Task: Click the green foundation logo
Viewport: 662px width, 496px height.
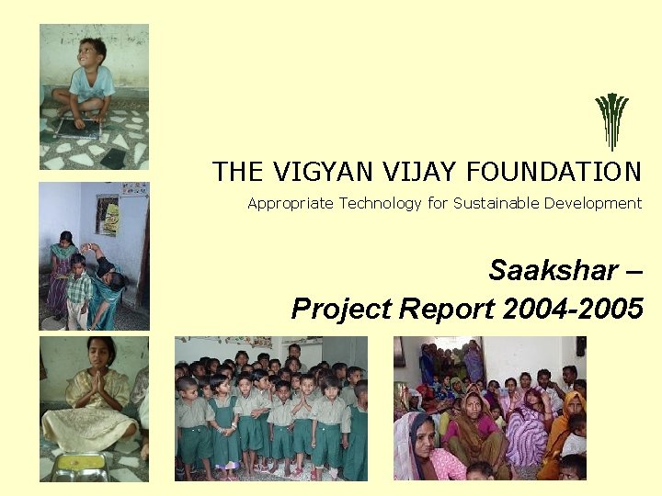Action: coord(611,120)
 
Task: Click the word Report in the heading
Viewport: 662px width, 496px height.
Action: coord(448,310)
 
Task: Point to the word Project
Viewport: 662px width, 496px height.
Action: coord(341,310)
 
